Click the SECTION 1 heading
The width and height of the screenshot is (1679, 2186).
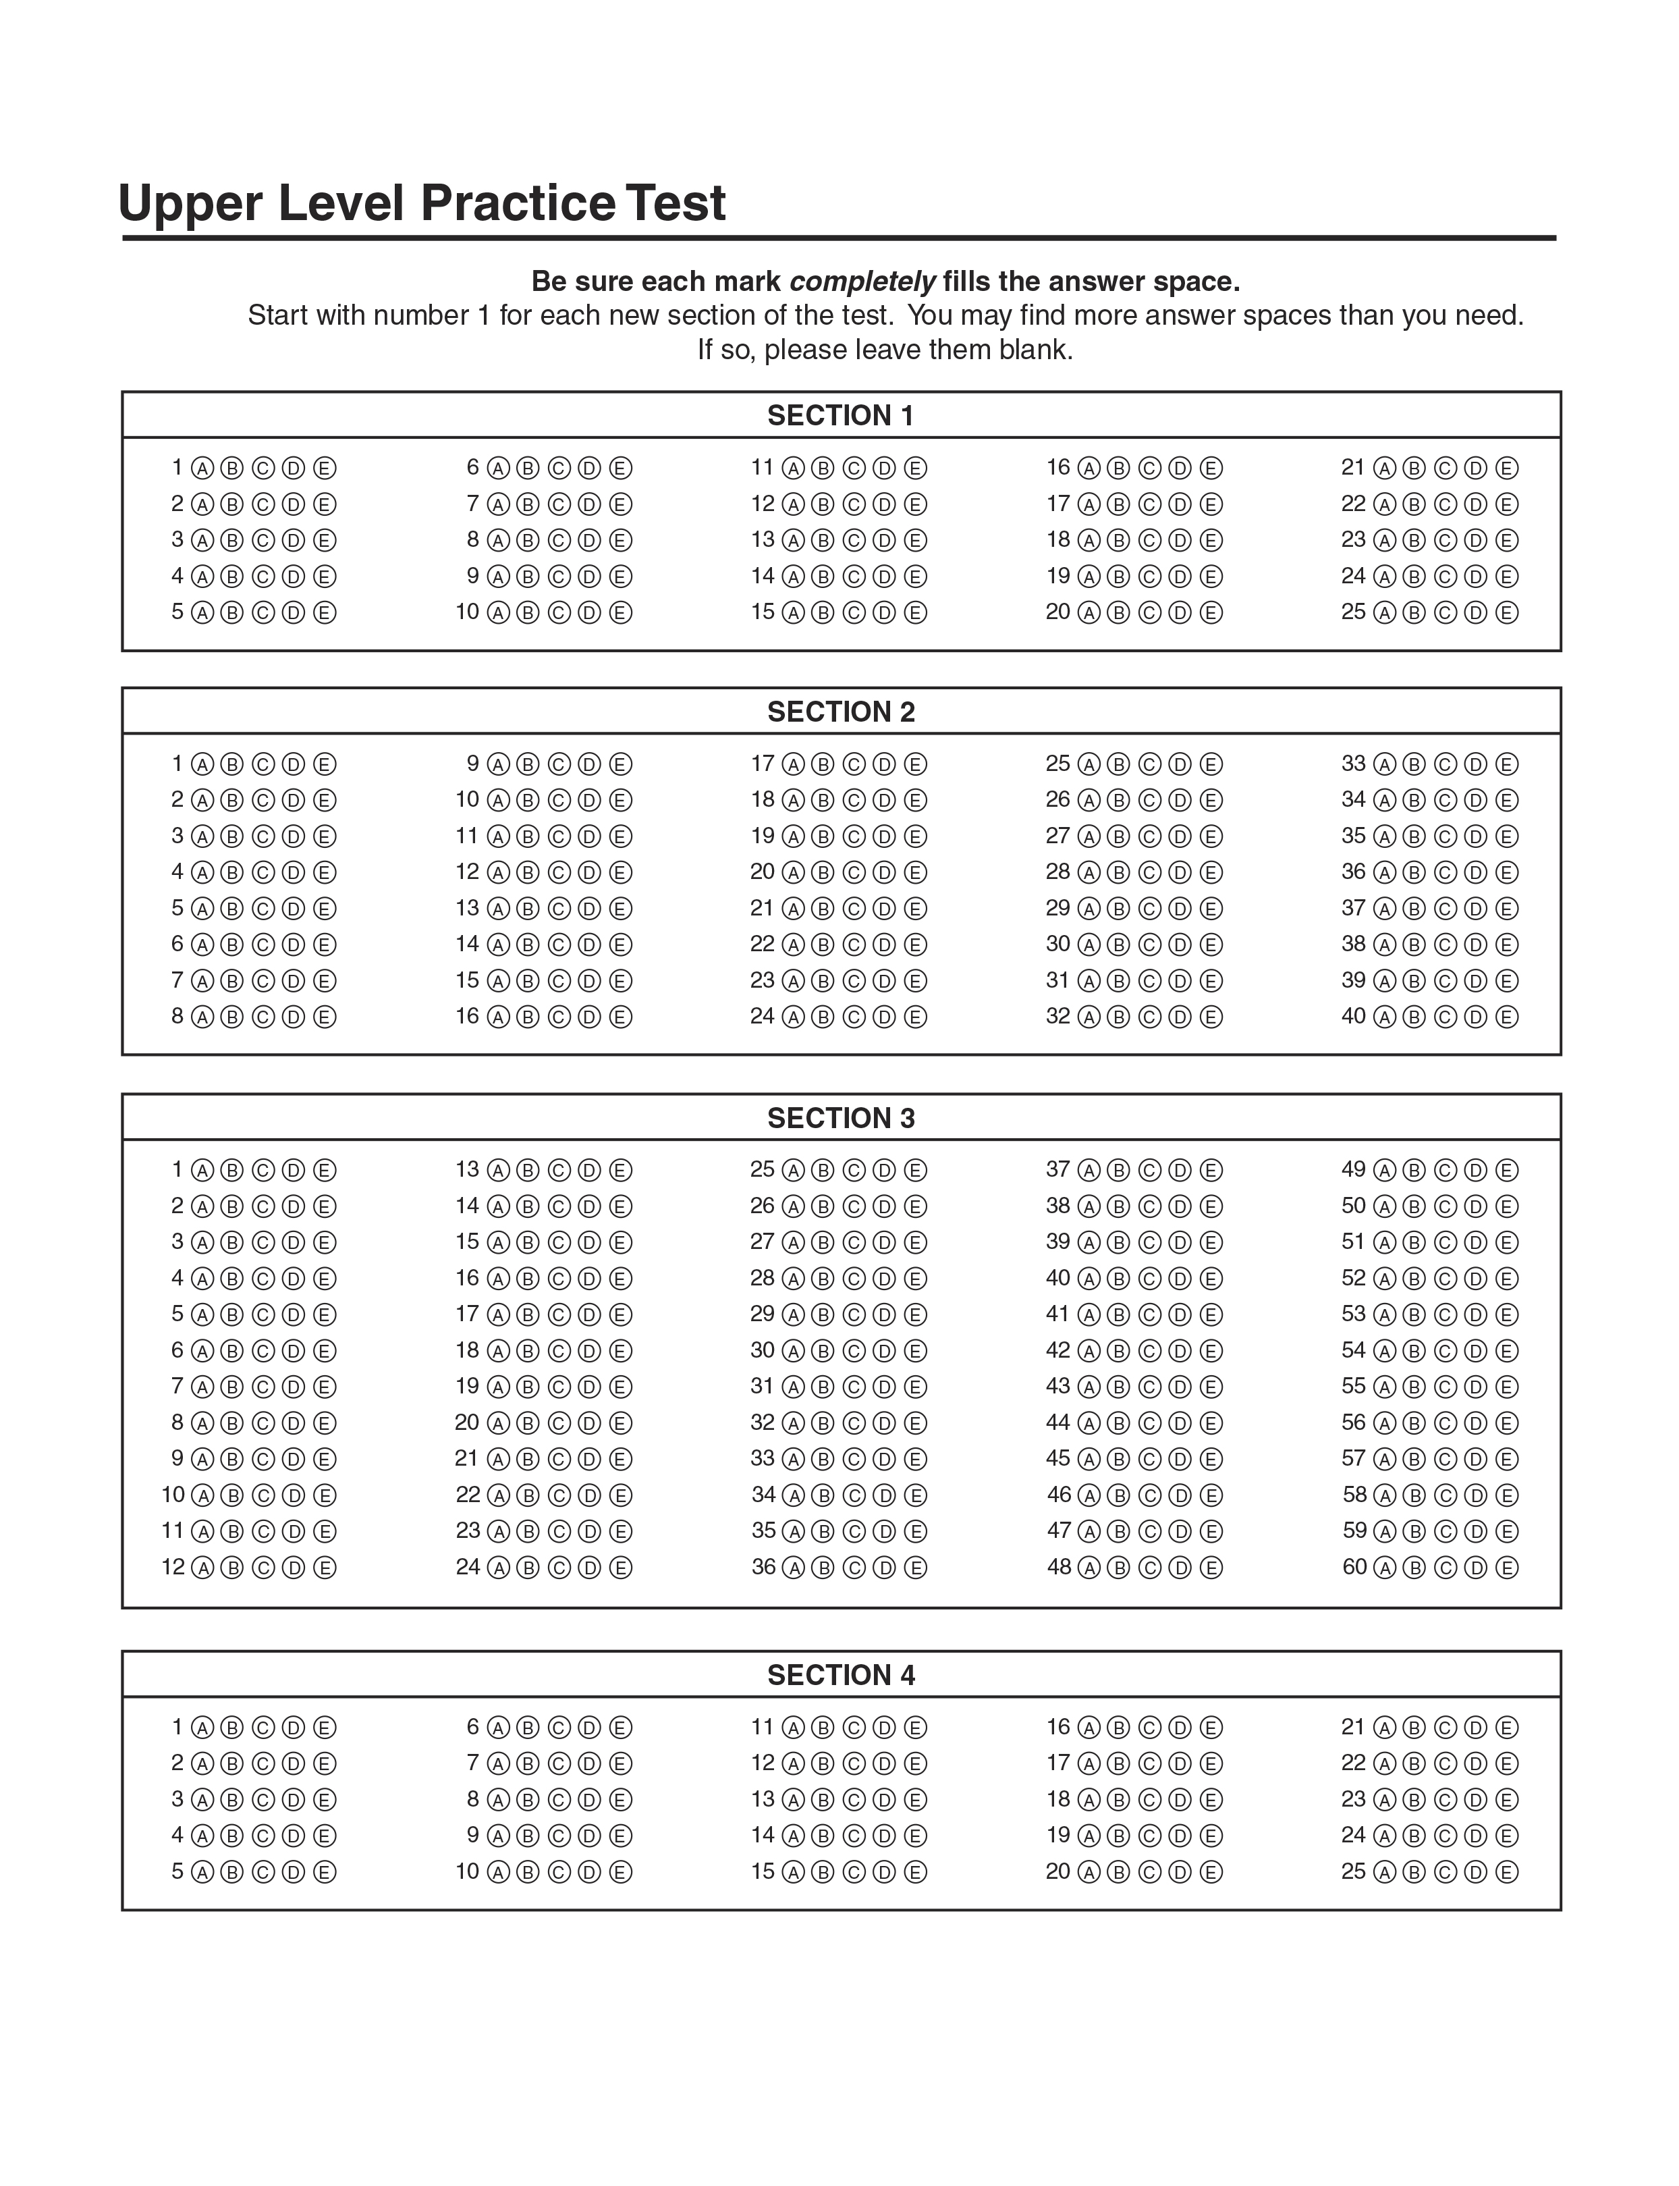tap(839, 416)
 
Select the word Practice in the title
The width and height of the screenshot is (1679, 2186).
tap(517, 203)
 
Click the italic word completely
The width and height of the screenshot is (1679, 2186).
tap(862, 282)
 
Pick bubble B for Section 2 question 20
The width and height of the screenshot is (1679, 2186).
tap(823, 873)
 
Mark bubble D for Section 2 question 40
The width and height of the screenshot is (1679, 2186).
tap(1475, 1017)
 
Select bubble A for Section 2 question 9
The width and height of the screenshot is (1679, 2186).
tap(498, 765)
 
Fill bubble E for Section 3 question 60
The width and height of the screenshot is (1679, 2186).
tap(1506, 1568)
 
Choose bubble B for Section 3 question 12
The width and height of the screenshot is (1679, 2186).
tap(232, 1568)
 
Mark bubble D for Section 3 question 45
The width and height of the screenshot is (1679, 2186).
tap(1180, 1460)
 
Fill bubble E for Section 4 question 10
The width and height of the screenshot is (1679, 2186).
tap(621, 1871)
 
